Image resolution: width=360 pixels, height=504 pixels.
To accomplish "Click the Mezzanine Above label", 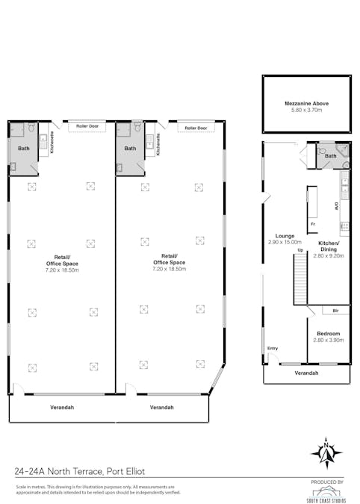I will tap(306, 103).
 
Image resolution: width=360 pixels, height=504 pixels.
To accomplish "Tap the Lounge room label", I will tap(284, 236).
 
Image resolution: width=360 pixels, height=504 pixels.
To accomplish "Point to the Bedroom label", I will tap(329, 333).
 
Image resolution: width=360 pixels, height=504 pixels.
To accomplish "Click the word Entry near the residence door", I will tap(272, 348).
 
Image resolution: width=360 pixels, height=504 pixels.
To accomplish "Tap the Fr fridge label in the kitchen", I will tap(313, 223).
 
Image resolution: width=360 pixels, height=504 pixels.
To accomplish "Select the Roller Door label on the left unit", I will tap(87, 127).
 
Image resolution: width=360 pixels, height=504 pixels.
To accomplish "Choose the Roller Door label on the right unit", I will tap(196, 128).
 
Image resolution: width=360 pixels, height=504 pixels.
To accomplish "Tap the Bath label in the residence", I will tap(330, 156).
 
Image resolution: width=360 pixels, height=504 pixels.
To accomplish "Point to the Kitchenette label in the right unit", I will tap(159, 144).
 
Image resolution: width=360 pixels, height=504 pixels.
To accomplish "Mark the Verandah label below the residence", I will tap(306, 373).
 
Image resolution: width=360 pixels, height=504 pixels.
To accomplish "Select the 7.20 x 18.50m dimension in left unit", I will tap(61, 270).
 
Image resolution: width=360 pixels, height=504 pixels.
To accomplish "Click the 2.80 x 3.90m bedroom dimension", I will tap(329, 340).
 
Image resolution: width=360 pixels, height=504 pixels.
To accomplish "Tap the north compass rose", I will tap(326, 452).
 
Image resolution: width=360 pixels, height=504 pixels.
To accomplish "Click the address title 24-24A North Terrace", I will tap(79, 471).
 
